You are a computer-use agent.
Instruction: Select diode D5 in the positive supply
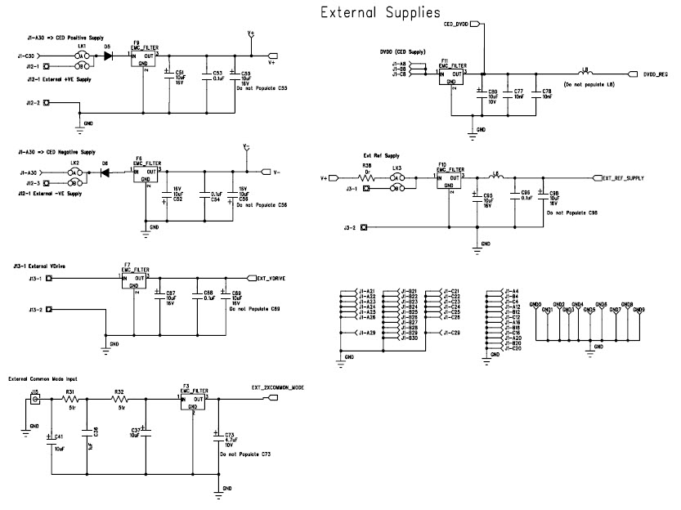click(x=107, y=56)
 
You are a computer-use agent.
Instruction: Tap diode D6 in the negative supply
click(x=105, y=172)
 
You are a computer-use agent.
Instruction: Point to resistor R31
click(x=70, y=399)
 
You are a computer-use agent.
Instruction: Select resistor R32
click(x=120, y=399)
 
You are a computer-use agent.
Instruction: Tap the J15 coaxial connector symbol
click(x=34, y=400)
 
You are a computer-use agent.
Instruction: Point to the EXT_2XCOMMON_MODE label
click(x=278, y=387)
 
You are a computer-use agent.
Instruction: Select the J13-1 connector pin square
click(x=48, y=279)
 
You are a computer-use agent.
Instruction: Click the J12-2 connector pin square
click(x=47, y=103)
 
